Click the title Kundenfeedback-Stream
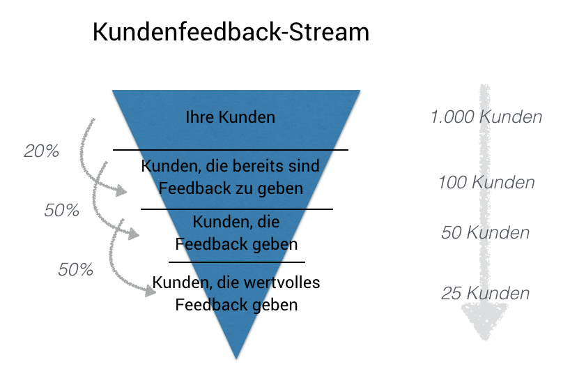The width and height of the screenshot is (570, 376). (x=231, y=33)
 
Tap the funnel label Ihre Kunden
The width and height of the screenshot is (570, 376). (x=231, y=117)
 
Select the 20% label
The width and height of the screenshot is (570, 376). (x=41, y=151)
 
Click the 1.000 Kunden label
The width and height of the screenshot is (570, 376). (x=486, y=116)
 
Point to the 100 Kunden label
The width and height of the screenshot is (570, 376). (x=486, y=183)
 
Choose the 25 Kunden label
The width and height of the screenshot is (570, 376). (x=485, y=293)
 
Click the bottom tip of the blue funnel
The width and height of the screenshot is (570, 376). (x=237, y=356)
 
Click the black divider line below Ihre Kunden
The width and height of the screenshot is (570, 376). (x=231, y=150)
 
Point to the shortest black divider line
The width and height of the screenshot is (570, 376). (x=237, y=262)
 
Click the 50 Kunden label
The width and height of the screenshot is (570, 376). (x=485, y=232)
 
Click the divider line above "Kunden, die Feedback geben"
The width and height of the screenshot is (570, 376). (x=237, y=209)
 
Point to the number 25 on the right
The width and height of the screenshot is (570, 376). (x=452, y=293)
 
